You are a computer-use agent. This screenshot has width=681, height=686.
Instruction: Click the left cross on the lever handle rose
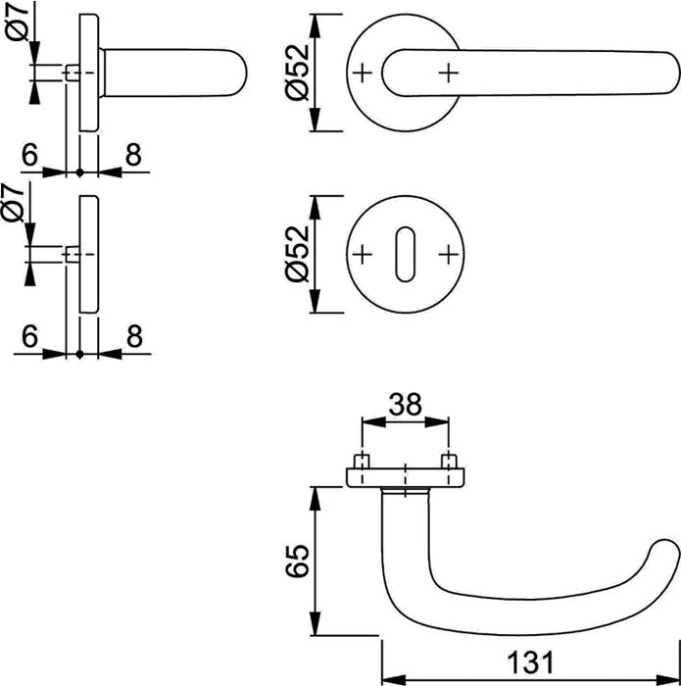pyautogui.click(x=363, y=73)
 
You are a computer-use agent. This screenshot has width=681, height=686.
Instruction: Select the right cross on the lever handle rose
pyautogui.click(x=449, y=73)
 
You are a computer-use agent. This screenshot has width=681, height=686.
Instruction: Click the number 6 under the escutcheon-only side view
pyautogui.click(x=29, y=335)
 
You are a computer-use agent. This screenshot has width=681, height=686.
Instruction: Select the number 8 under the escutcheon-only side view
pyautogui.click(x=132, y=335)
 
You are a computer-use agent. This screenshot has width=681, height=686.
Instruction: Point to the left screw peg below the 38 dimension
pyautogui.click(x=363, y=462)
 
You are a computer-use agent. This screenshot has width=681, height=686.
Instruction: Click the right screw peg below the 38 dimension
pyautogui.click(x=449, y=462)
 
